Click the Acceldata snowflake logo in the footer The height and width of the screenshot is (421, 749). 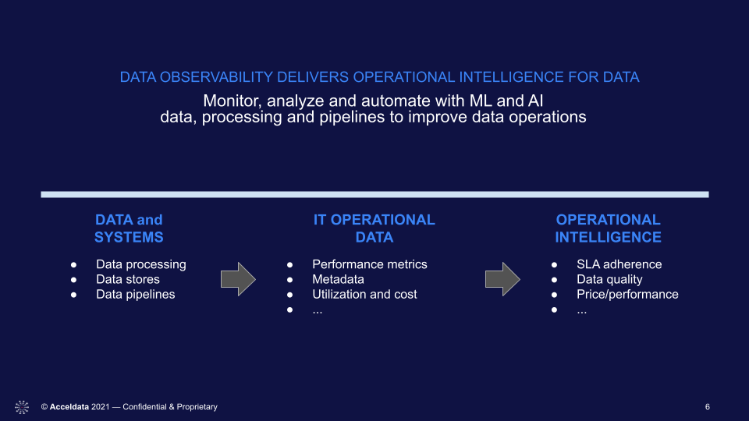click(22, 407)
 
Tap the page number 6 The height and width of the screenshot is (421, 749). click(708, 407)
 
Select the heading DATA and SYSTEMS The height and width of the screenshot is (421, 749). click(129, 228)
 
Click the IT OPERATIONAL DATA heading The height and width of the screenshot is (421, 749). click(374, 228)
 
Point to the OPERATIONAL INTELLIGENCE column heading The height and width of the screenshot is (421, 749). click(608, 228)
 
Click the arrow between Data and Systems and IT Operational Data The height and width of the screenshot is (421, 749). click(239, 279)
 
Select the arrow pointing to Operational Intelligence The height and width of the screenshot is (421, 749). click(502, 279)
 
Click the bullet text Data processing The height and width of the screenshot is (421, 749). click(141, 264)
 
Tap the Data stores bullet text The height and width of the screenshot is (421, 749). click(127, 279)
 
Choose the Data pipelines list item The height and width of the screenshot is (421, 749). click(135, 295)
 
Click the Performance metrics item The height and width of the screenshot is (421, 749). click(370, 264)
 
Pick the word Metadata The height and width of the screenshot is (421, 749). click(338, 279)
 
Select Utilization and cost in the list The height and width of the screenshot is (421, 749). click(364, 295)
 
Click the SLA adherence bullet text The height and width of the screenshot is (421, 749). click(619, 264)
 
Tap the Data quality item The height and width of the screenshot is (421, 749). click(609, 279)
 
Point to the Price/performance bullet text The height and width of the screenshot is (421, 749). click(627, 295)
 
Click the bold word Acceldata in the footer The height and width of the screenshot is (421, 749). click(69, 407)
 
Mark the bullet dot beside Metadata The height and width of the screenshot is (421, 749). click(290, 280)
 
